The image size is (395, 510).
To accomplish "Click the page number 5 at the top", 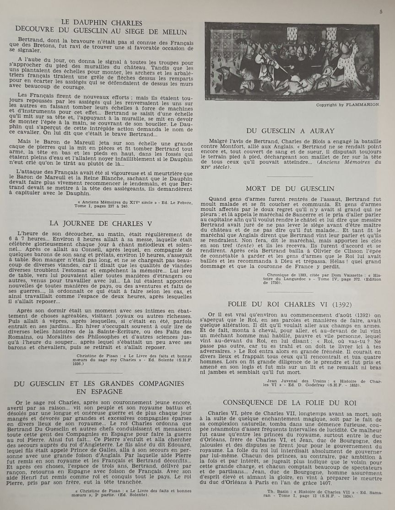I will [380, 12].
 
